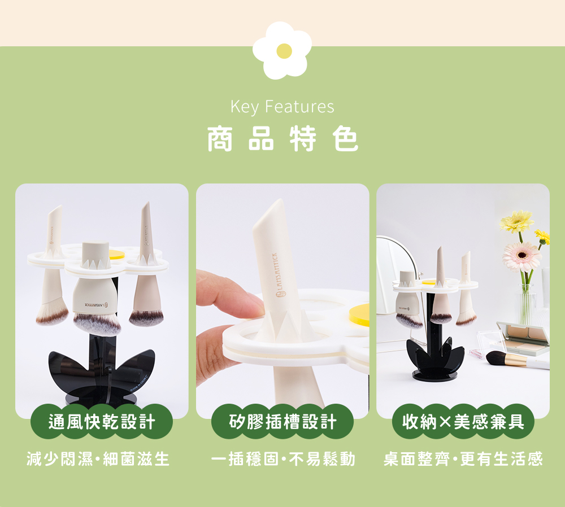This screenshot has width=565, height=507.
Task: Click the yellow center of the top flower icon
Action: pos(284,51)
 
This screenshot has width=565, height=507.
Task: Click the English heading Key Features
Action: pos(282,107)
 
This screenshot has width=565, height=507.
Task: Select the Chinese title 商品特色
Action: pos(282,139)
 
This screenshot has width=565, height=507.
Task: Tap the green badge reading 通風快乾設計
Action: pos(102,422)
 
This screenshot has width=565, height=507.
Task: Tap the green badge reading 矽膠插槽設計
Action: pos(282,422)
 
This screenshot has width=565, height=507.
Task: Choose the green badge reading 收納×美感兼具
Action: pos(463,422)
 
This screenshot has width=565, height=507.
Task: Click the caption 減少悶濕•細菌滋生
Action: pos(98,459)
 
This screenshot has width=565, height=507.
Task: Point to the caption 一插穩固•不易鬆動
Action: pos(282,459)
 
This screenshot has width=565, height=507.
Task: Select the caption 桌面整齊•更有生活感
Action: pos(463,459)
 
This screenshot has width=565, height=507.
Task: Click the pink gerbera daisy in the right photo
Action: pos(521,256)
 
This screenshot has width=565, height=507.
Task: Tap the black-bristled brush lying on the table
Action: pos(497,357)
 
